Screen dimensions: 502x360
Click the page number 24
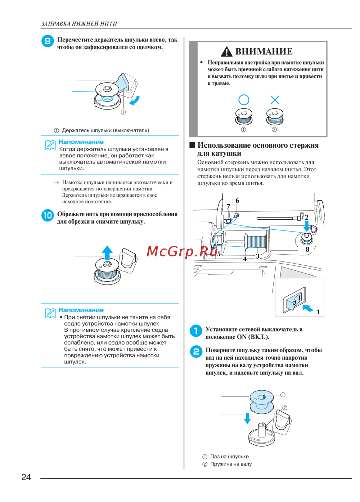pyautogui.click(x=26, y=477)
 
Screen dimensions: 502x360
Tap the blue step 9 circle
pyautogui.click(x=48, y=41)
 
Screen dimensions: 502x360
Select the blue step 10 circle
pyautogui.click(x=48, y=215)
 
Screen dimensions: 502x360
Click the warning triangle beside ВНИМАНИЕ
pyautogui.click(x=226, y=52)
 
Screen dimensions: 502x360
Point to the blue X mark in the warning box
pyautogui.click(x=275, y=100)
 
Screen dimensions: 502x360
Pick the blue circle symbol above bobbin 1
pyautogui.click(x=244, y=100)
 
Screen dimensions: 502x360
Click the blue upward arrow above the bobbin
pyautogui.click(x=107, y=252)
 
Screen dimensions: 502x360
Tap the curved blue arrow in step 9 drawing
pyautogui.click(x=134, y=100)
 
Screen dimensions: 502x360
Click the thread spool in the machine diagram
pyautogui.click(x=256, y=241)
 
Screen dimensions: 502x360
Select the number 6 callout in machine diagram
pyautogui.click(x=237, y=201)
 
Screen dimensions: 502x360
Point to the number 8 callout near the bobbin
pyautogui.click(x=307, y=249)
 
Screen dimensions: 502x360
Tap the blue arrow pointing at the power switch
pyautogui.click(x=308, y=308)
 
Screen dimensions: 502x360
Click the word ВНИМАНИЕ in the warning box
pyautogui.click(x=264, y=51)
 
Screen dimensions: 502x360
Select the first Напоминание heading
pyautogui.click(x=81, y=142)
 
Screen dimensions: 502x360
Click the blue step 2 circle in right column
pyautogui.click(x=196, y=351)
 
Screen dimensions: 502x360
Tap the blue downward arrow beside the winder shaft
pyautogui.click(x=247, y=418)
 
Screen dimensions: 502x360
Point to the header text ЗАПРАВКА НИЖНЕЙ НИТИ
pyautogui.click(x=79, y=24)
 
